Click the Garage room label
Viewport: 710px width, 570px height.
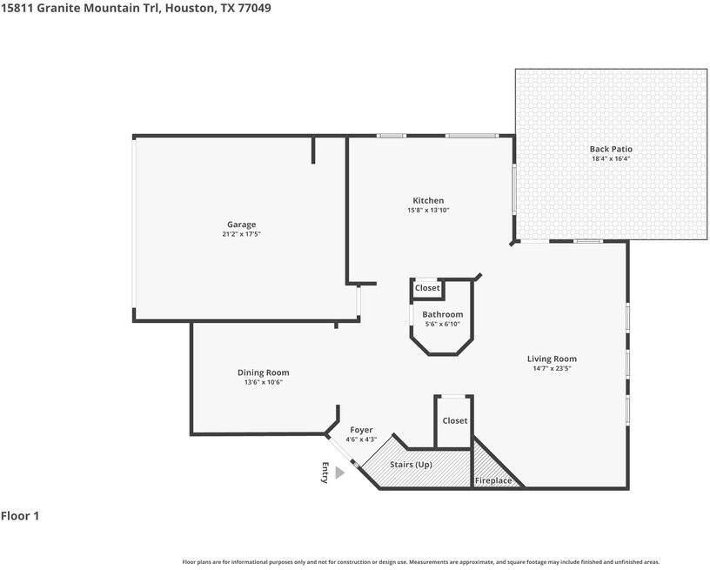pos(241,225)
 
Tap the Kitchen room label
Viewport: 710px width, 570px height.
pos(428,201)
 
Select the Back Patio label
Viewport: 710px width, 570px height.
pos(611,150)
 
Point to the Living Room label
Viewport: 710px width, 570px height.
pos(552,359)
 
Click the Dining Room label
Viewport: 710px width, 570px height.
pos(263,372)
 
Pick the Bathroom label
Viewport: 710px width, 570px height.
pos(442,314)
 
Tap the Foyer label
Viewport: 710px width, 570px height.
pos(361,430)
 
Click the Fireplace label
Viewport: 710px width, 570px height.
pos(492,480)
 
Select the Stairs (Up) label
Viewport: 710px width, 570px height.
pos(411,465)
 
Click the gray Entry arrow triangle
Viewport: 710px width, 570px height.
pos(339,473)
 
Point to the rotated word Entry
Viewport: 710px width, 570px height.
pos(325,472)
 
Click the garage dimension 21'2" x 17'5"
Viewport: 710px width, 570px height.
pos(241,234)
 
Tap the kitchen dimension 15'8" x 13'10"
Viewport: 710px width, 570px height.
pos(428,211)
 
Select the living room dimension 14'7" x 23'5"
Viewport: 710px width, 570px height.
pos(552,368)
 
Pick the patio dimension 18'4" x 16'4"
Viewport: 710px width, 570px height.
pos(611,159)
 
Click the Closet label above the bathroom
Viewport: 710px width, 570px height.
pos(427,288)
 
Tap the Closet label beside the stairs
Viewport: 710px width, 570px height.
pos(454,420)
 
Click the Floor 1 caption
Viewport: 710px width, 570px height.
pos(20,516)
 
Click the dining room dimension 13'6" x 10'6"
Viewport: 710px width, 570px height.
pos(263,382)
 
